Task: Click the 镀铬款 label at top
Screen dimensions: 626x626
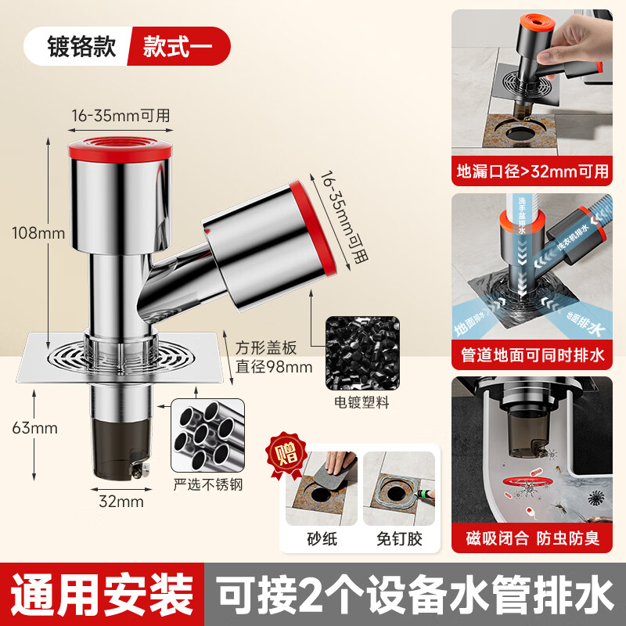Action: point(77,46)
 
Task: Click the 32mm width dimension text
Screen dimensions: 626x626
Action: point(121,502)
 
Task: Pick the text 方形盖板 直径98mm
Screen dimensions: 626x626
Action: point(274,356)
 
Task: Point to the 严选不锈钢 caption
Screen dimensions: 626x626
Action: point(208,484)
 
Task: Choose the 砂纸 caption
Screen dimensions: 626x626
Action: point(322,539)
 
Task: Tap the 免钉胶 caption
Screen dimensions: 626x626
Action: point(399,539)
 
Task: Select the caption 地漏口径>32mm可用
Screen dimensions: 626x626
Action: point(532,171)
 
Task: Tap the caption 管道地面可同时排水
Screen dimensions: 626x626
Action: point(532,357)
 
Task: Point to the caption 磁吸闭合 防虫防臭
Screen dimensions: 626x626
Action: point(532,539)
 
